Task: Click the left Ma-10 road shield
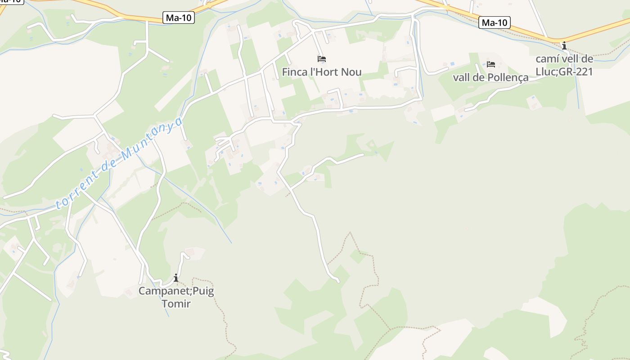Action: point(179,18)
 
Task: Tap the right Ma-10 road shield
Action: point(495,22)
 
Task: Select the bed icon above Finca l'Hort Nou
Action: point(321,58)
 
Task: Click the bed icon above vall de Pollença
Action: point(490,64)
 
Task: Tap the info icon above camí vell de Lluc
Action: point(564,45)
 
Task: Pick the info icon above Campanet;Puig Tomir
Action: point(176,278)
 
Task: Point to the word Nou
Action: point(351,72)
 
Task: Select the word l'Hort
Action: point(323,72)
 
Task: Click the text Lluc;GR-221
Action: point(564,72)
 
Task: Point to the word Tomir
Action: point(176,304)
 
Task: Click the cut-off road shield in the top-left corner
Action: point(11,1)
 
